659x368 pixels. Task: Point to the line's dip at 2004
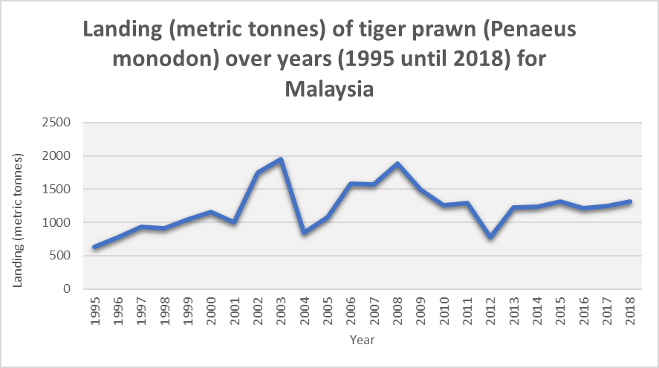pyautogui.click(x=304, y=233)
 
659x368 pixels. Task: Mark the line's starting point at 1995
pyautogui.click(x=95, y=247)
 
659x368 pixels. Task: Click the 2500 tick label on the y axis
pyautogui.click(x=56, y=123)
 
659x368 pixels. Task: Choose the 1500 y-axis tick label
pyautogui.click(x=56, y=190)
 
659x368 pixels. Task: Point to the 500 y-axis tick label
pyautogui.click(x=60, y=256)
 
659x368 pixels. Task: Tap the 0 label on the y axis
pyautogui.click(x=67, y=289)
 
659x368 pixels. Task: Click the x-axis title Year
pyautogui.click(x=363, y=340)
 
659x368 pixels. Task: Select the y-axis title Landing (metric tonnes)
pyautogui.click(x=20, y=221)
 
